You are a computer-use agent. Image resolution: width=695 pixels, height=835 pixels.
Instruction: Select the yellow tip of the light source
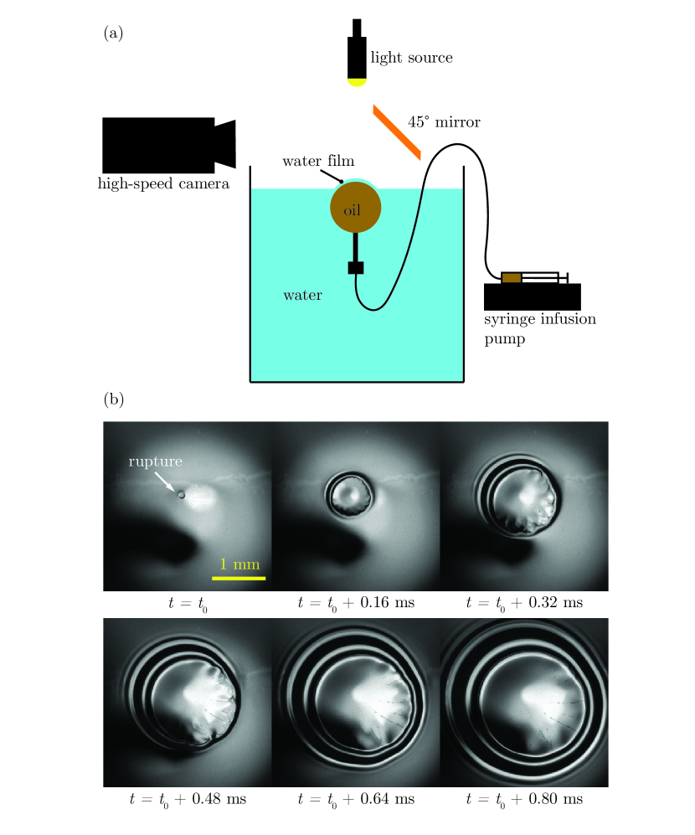click(358, 81)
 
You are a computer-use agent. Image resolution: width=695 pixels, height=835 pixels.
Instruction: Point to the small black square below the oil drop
click(356, 268)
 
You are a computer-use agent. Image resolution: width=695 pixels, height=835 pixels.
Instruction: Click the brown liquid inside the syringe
click(511, 277)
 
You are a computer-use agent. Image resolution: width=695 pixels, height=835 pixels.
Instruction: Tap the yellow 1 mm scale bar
click(239, 578)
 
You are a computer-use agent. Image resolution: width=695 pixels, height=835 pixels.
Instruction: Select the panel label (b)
click(113, 399)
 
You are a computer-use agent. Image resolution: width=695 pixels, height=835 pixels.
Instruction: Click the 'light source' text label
click(412, 58)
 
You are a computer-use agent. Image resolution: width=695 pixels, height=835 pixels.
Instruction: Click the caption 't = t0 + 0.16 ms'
click(355, 602)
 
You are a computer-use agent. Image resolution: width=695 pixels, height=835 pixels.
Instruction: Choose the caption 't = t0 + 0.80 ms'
click(523, 800)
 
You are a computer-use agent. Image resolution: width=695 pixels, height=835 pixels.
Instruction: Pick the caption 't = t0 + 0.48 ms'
click(187, 800)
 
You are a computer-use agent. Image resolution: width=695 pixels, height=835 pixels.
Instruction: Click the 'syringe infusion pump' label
click(531, 329)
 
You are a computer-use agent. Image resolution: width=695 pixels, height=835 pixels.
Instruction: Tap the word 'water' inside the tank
click(302, 295)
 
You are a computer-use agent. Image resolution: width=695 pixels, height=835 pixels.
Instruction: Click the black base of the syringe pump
click(533, 296)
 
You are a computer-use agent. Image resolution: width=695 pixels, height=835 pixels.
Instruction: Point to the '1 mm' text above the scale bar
click(239, 564)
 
